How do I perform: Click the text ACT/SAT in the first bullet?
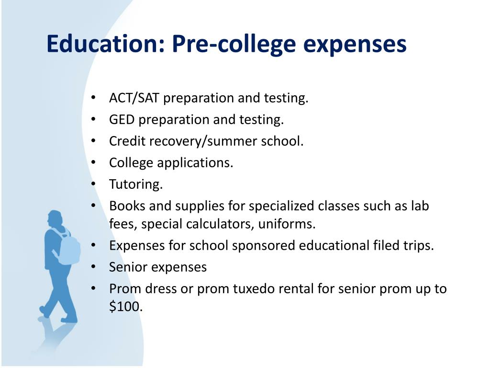pos(134,98)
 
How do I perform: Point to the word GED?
pos(122,119)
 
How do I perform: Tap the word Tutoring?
pos(136,184)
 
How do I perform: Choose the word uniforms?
pos(287,224)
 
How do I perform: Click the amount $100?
pos(126,306)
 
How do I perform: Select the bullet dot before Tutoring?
pos(93,184)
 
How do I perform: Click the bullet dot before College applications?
pos(93,162)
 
